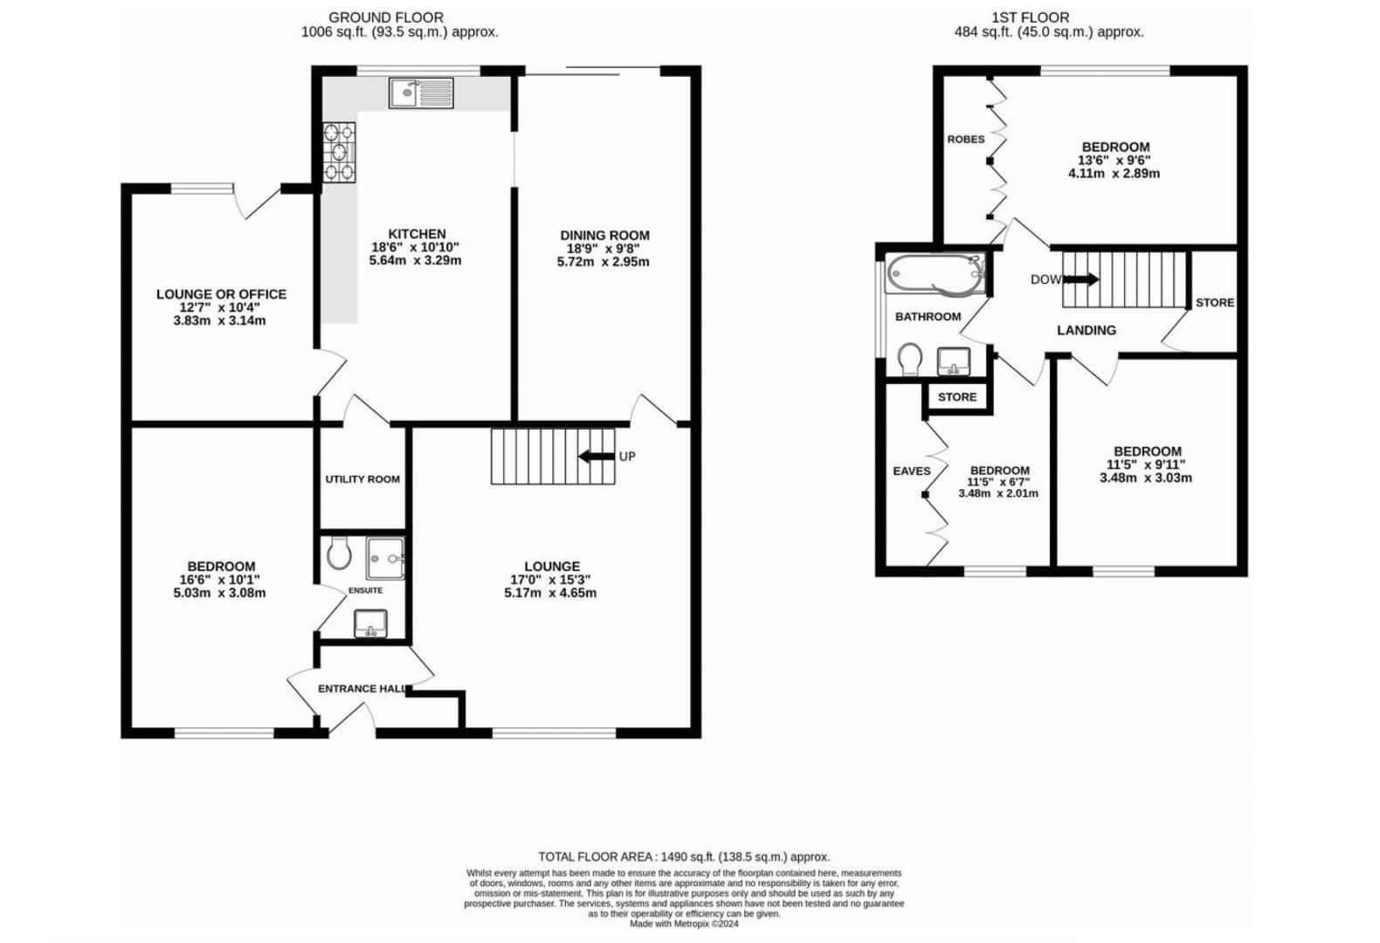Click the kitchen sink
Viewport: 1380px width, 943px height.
pyautogui.click(x=421, y=93)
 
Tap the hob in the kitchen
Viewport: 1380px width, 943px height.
pyautogui.click(x=339, y=152)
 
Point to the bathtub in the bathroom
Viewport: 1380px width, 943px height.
pyautogui.click(x=935, y=274)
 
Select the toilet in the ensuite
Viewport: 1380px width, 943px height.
pyautogui.click(x=339, y=553)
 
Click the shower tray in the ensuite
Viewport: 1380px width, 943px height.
pyautogui.click(x=386, y=559)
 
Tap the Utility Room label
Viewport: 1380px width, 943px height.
pyautogui.click(x=362, y=479)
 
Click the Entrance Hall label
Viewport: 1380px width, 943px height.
pyautogui.click(x=362, y=689)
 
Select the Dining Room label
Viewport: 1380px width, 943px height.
pyautogui.click(x=604, y=235)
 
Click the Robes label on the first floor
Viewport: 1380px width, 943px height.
pyautogui.click(x=966, y=139)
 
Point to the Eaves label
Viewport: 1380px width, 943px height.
pyautogui.click(x=912, y=471)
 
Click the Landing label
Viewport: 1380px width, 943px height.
pyautogui.click(x=1087, y=331)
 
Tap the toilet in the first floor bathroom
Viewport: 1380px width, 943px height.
pyautogui.click(x=909, y=359)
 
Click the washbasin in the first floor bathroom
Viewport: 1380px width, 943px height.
pyautogui.click(x=954, y=361)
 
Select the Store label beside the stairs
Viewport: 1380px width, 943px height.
pyautogui.click(x=1215, y=303)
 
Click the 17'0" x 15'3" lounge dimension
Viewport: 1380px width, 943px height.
pyautogui.click(x=551, y=580)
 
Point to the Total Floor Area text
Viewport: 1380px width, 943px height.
pyautogui.click(x=684, y=857)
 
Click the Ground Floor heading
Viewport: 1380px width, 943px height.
pyautogui.click(x=386, y=17)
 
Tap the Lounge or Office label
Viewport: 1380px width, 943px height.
pyautogui.click(x=221, y=294)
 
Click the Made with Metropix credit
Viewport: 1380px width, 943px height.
pyautogui.click(x=684, y=924)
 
